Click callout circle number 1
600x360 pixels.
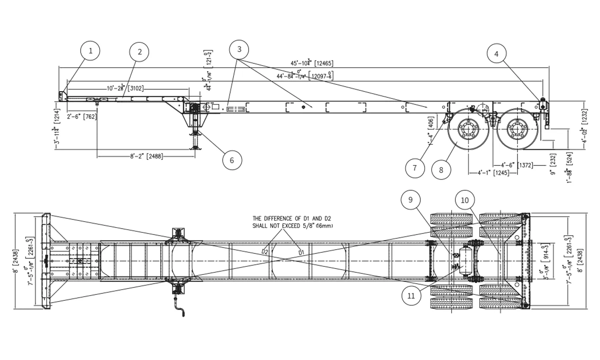90,51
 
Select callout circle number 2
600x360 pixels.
139,52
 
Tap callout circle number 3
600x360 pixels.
239,50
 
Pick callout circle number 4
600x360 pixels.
496,54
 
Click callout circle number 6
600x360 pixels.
232,160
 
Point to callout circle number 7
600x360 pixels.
414,168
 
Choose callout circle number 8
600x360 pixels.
441,170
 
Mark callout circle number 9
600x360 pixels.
410,200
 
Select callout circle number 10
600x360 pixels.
465,200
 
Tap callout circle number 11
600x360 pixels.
411,296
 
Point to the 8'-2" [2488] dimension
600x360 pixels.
146,156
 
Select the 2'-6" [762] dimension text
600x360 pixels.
83,117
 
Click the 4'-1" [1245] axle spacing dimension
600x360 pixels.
493,173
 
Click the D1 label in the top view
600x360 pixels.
302,252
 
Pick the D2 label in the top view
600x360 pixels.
265,252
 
